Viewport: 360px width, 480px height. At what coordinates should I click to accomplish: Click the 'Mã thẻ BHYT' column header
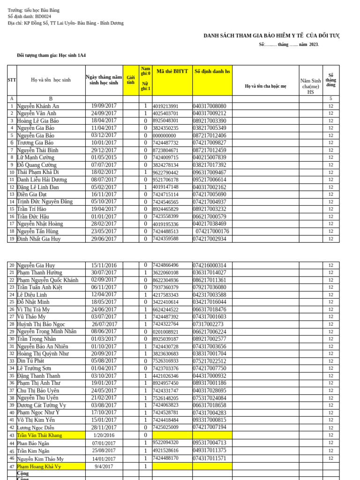pos(172,71)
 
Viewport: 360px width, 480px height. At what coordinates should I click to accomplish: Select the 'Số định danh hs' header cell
pos(212,71)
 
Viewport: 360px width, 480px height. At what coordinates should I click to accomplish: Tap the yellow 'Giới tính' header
pos(131,80)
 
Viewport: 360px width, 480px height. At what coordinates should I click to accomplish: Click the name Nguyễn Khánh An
pos(38,106)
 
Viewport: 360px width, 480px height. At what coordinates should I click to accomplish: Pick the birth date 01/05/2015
pos(104,157)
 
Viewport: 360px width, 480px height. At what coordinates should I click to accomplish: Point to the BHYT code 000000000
pos(165,135)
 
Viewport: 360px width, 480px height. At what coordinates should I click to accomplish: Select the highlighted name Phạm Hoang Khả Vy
pos(39,466)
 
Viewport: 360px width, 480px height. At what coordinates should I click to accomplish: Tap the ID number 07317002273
pos(208,324)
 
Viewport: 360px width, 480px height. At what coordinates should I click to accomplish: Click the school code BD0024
pos(43,16)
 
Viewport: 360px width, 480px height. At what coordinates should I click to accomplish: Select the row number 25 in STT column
pos(12,302)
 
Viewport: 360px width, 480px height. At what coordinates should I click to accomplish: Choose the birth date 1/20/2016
pos(104,435)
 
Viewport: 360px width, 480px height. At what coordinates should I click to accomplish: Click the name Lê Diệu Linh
pos(32,295)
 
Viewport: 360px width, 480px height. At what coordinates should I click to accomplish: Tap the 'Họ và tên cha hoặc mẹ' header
pos(265,86)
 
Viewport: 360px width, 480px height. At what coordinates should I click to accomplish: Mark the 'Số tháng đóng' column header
pos(330,80)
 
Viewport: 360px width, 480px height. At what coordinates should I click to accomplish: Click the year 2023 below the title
pos(314,45)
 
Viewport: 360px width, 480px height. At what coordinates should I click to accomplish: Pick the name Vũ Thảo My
pos(31,317)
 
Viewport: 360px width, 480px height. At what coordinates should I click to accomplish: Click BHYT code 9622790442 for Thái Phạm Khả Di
pos(165,172)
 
